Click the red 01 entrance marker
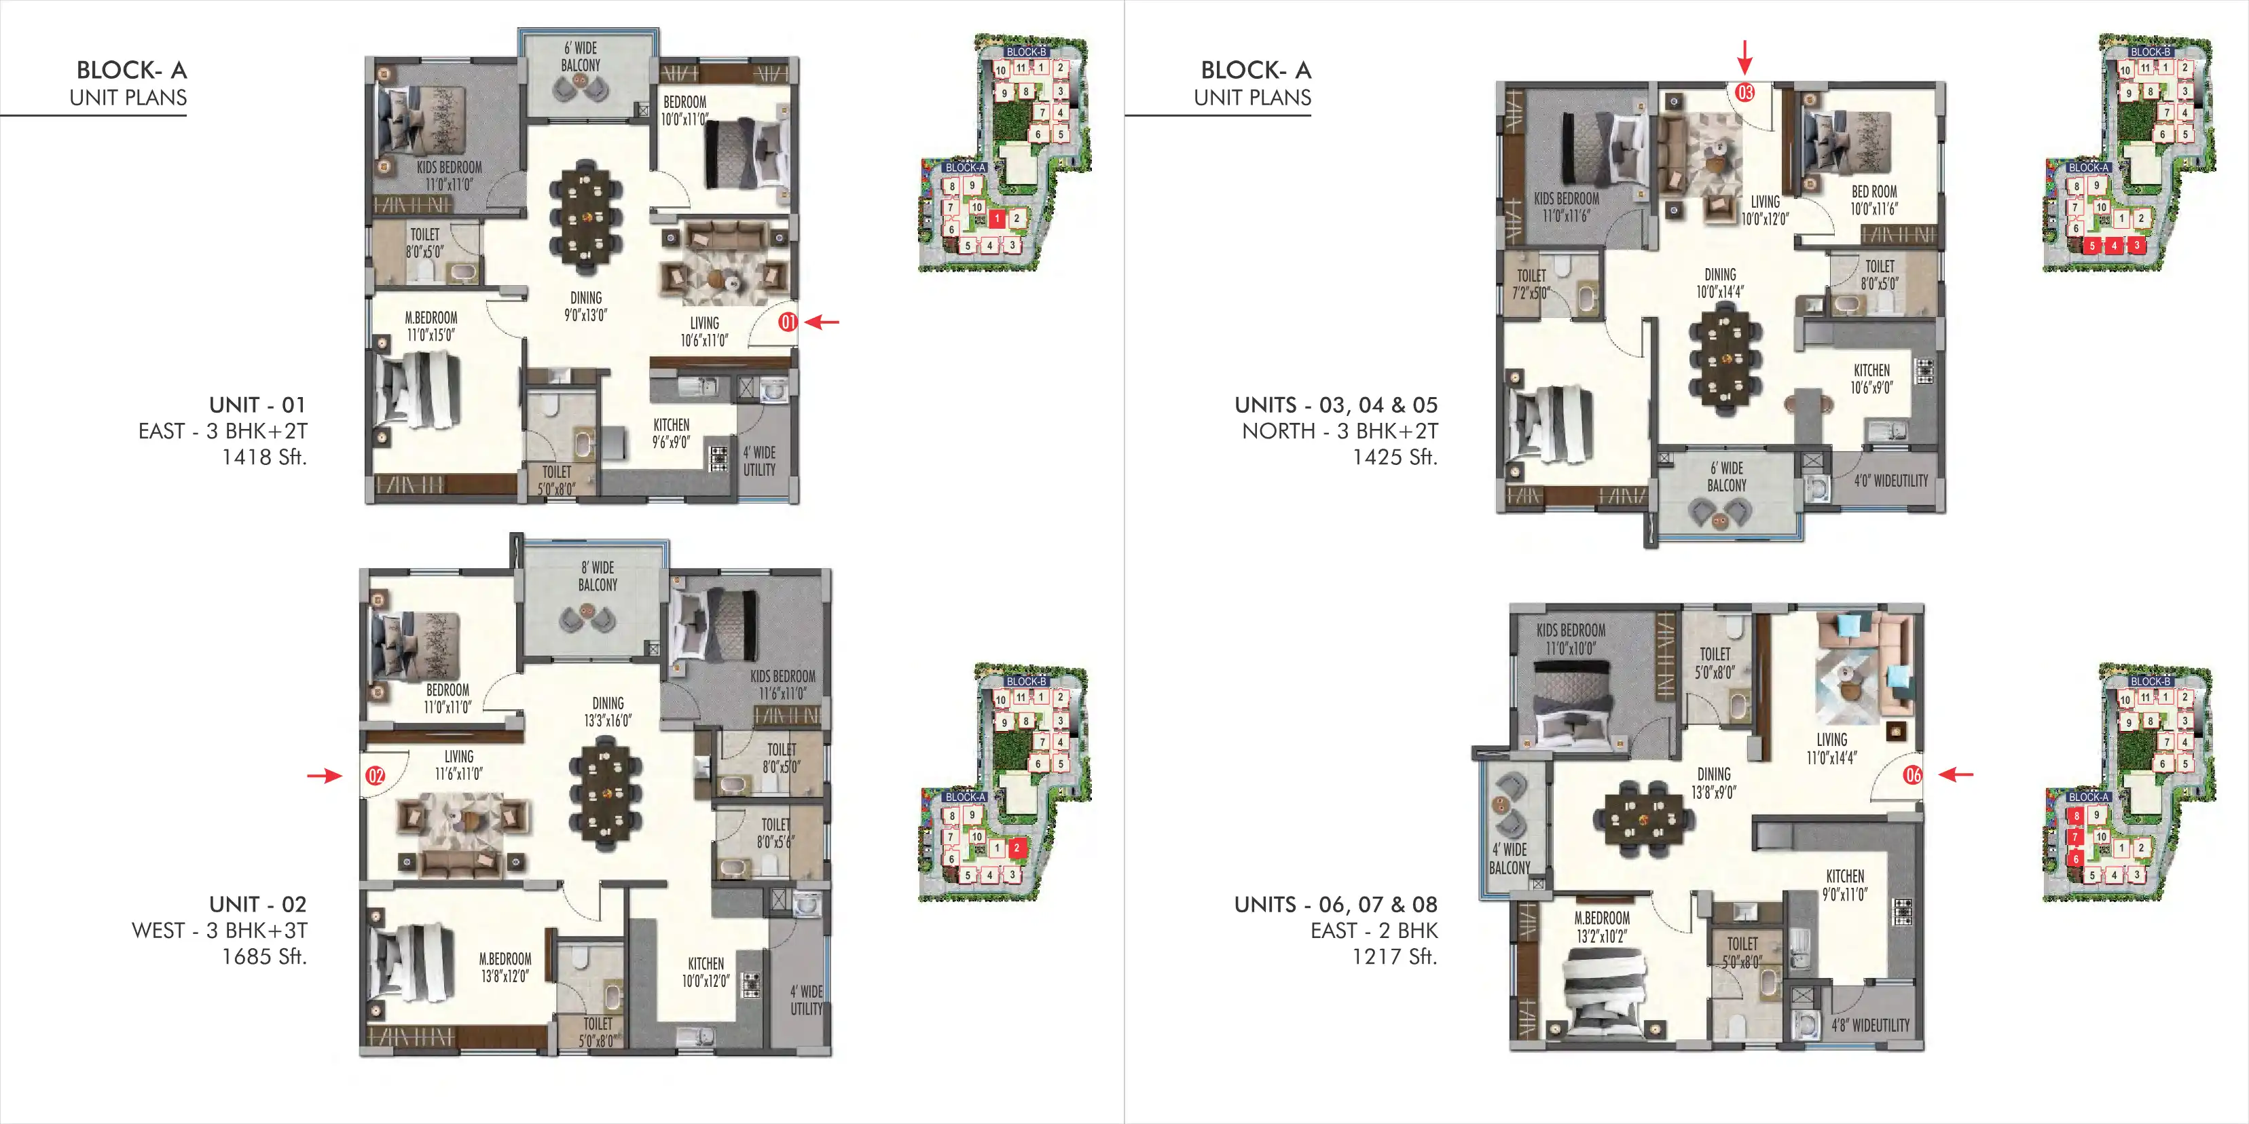(788, 322)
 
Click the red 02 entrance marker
(376, 776)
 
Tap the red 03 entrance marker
(1744, 92)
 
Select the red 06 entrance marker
(1913, 775)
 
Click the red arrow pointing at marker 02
(324, 775)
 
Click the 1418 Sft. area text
(263, 457)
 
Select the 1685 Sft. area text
(263, 956)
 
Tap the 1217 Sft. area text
(1394, 956)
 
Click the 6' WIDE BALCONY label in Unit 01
(581, 57)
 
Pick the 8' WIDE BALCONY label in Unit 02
(597, 576)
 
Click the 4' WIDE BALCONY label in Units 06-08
(1510, 859)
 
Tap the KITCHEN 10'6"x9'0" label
(1871, 379)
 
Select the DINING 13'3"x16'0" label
(608, 712)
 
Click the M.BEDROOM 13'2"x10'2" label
(1602, 926)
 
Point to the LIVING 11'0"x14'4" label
(1831, 749)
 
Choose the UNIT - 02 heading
(257, 904)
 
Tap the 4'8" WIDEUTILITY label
(1870, 1026)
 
